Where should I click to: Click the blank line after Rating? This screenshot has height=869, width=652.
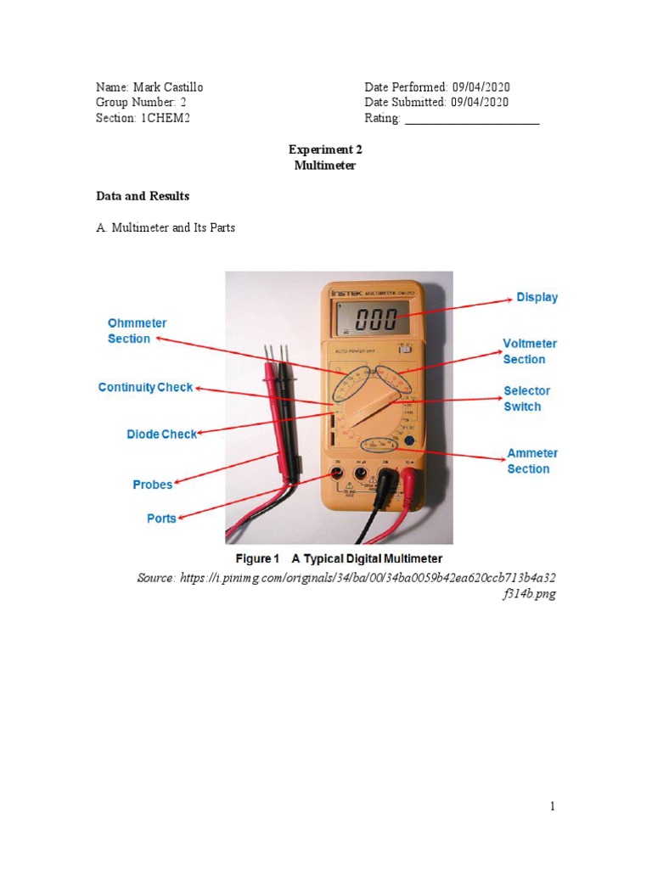tap(472, 119)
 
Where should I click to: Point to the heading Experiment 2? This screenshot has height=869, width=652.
tap(325, 149)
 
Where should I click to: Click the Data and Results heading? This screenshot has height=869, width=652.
tap(143, 196)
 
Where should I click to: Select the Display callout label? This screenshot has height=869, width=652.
tap(537, 298)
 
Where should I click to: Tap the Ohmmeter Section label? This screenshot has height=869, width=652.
tap(136, 331)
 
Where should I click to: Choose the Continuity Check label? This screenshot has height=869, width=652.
tap(145, 388)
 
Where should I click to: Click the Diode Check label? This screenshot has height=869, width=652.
tap(161, 434)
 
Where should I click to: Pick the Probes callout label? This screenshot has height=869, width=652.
tap(153, 485)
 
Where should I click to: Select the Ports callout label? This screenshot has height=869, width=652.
tap(161, 519)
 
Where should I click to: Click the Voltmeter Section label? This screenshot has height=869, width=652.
tap(530, 351)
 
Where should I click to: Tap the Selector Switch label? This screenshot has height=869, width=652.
tap(526, 399)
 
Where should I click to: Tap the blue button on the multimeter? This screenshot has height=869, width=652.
tap(409, 441)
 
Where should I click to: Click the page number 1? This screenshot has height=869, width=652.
tap(552, 806)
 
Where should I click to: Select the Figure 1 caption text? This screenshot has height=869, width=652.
tap(339, 558)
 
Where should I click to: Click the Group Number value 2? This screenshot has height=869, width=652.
tap(183, 103)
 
